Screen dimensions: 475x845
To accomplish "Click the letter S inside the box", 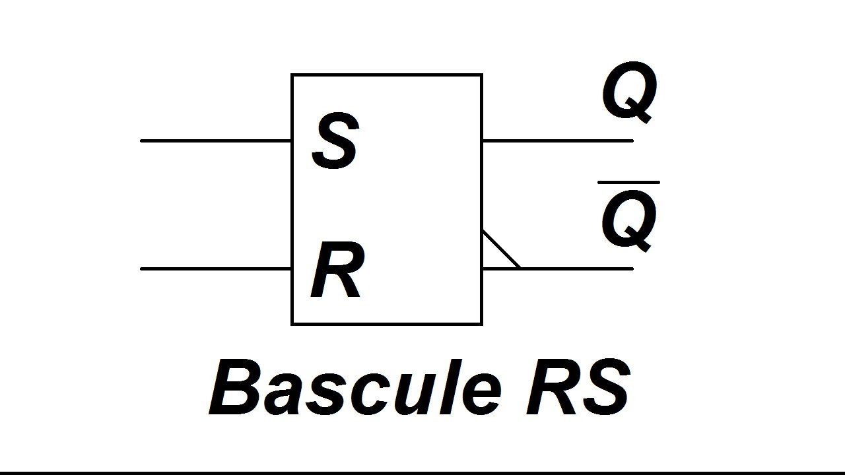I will point(335,141).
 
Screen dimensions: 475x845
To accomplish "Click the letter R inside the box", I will point(336,271).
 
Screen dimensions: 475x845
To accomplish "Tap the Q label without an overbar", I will point(629,94).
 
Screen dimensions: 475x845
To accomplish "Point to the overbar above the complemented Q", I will point(628,182).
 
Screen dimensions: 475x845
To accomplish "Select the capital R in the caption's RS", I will point(552,389).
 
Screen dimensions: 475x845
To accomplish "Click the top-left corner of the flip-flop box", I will point(292,75).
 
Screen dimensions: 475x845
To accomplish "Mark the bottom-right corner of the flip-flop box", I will point(482,324).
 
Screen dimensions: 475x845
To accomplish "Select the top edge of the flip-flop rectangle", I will point(387,75).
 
